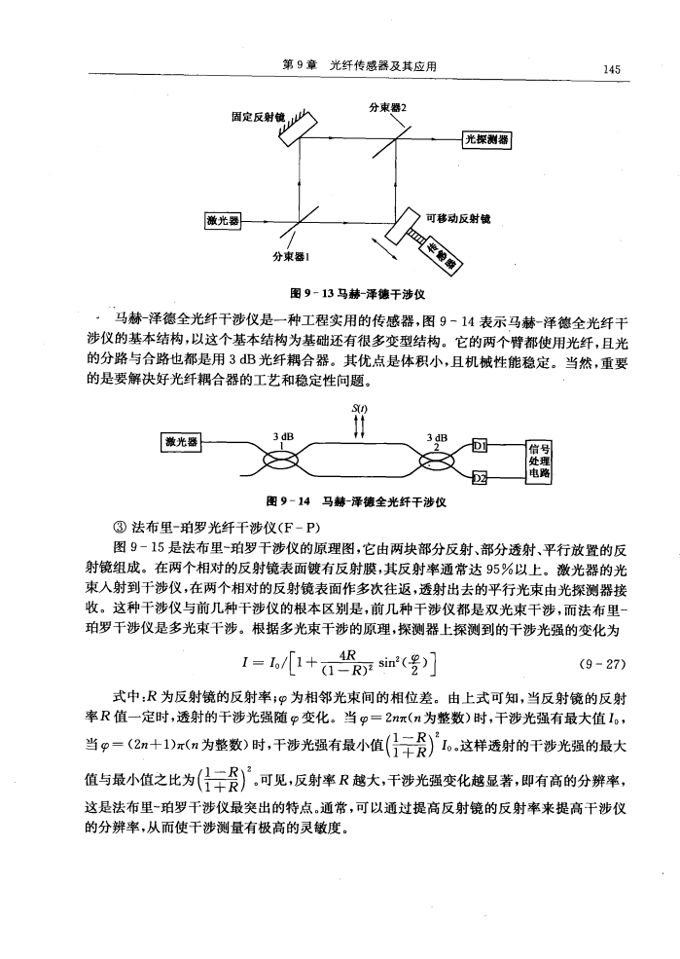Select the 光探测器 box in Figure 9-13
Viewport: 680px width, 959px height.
point(489,138)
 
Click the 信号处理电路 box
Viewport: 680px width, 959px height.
point(535,461)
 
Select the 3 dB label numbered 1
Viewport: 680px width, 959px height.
point(283,439)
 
